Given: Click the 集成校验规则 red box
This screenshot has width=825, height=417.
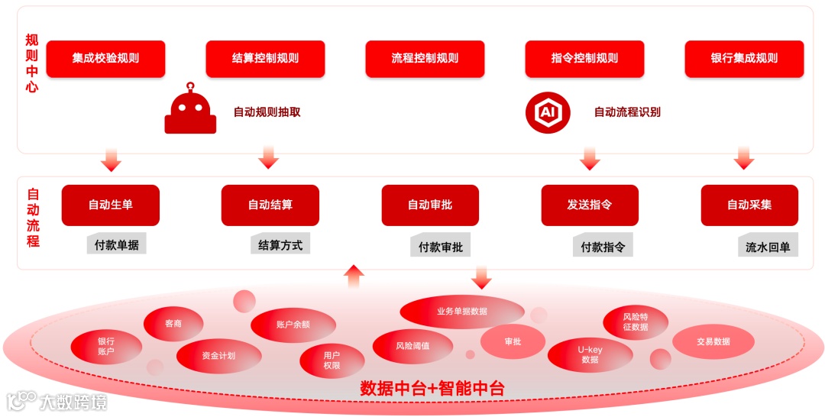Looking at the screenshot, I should pyautogui.click(x=105, y=59).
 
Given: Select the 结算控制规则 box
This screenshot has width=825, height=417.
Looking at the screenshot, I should pyautogui.click(x=265, y=59).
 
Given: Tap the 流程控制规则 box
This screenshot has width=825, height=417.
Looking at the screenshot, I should pyautogui.click(x=425, y=59).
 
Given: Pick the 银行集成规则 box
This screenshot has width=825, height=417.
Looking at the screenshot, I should pyautogui.click(x=744, y=59).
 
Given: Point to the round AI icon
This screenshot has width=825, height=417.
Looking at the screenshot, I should pyautogui.click(x=548, y=112).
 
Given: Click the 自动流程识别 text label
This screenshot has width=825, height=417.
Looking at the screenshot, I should pyautogui.click(x=627, y=112).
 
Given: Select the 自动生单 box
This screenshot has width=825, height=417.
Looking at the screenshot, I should pyautogui.click(x=111, y=205).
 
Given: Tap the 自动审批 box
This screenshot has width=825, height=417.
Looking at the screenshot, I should pyautogui.click(x=430, y=205).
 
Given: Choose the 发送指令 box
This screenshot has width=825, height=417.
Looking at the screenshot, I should pyautogui.click(x=590, y=205).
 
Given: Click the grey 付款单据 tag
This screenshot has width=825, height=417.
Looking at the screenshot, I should pyautogui.click(x=117, y=245).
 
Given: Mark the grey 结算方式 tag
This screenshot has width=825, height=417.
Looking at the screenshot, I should pyautogui.click(x=280, y=244).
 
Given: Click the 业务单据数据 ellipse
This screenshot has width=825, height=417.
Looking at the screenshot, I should pyautogui.click(x=462, y=312).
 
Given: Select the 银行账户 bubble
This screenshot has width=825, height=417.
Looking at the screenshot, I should pyautogui.click(x=106, y=347).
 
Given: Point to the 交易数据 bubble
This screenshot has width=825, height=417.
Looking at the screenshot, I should pyautogui.click(x=713, y=342).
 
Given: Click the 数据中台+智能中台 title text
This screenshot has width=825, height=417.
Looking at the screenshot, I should pyautogui.click(x=432, y=389).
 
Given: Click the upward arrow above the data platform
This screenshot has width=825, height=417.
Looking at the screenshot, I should pyautogui.click(x=354, y=276).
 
